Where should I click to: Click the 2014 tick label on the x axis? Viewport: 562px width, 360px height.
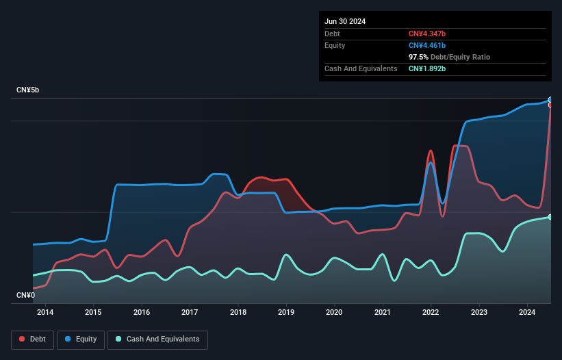point(45,313)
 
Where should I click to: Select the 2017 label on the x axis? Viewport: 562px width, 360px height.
point(190,313)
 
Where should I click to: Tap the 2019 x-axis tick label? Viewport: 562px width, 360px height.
point(286,313)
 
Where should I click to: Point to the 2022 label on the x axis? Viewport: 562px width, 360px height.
point(431,313)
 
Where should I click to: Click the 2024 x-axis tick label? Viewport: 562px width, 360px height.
point(527,313)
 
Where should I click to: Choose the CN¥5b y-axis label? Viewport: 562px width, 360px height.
point(29,90)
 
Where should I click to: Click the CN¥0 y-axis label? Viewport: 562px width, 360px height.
point(26,295)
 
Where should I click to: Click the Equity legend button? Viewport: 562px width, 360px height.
point(81,339)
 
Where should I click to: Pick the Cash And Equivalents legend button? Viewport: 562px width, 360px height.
point(157,339)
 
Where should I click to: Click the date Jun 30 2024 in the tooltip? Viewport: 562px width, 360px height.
point(345,21)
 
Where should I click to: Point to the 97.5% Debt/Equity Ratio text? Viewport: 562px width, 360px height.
point(449,57)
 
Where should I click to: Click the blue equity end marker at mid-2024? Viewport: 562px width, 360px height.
point(550,100)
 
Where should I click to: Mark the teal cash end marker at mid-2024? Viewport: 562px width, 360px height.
point(550,217)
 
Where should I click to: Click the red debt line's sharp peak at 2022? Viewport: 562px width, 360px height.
point(431,151)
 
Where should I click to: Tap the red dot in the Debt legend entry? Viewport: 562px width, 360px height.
point(22,339)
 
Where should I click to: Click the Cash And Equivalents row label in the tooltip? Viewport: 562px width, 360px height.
point(361,68)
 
